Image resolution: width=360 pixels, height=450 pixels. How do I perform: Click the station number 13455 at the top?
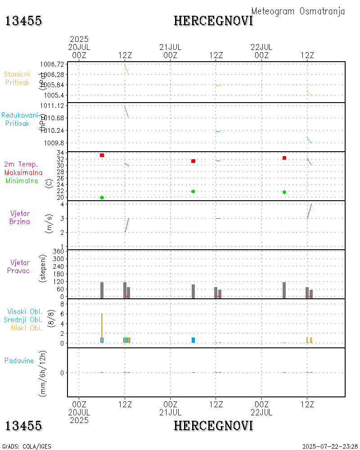(24, 21)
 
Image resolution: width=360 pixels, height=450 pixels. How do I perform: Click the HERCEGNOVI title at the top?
(213, 21)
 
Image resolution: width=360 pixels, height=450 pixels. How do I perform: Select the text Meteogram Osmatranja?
(298, 11)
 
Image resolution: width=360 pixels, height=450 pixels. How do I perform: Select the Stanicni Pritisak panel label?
(17, 78)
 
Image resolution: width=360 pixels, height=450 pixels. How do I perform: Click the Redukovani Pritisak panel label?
(19, 119)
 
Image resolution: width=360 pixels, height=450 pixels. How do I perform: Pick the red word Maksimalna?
(23, 172)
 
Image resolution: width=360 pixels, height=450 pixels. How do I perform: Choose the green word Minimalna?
(22, 180)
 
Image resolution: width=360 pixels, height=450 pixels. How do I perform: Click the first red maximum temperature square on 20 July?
(102, 155)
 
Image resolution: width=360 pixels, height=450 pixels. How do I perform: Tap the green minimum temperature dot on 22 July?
(284, 192)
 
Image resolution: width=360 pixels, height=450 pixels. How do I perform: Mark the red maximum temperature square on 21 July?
(193, 161)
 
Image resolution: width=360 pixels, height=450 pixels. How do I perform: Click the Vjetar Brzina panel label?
(20, 217)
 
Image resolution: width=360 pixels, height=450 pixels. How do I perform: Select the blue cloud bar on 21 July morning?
(193, 340)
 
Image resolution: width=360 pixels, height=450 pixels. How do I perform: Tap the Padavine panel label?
(19, 360)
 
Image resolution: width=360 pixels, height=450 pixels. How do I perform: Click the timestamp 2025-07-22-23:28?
(330, 446)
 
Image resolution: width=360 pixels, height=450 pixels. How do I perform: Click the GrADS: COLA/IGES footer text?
(27, 446)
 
